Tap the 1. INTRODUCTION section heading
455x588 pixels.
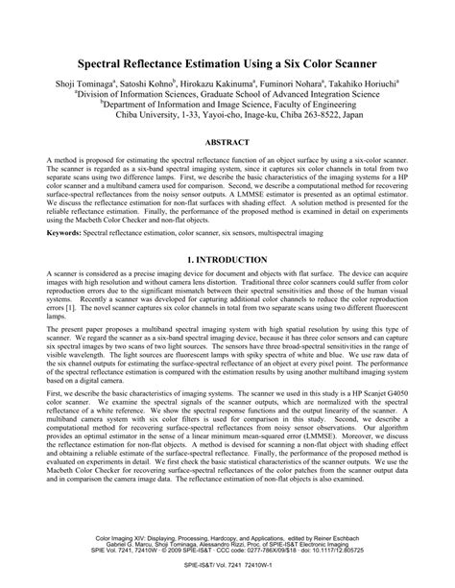(227, 260)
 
